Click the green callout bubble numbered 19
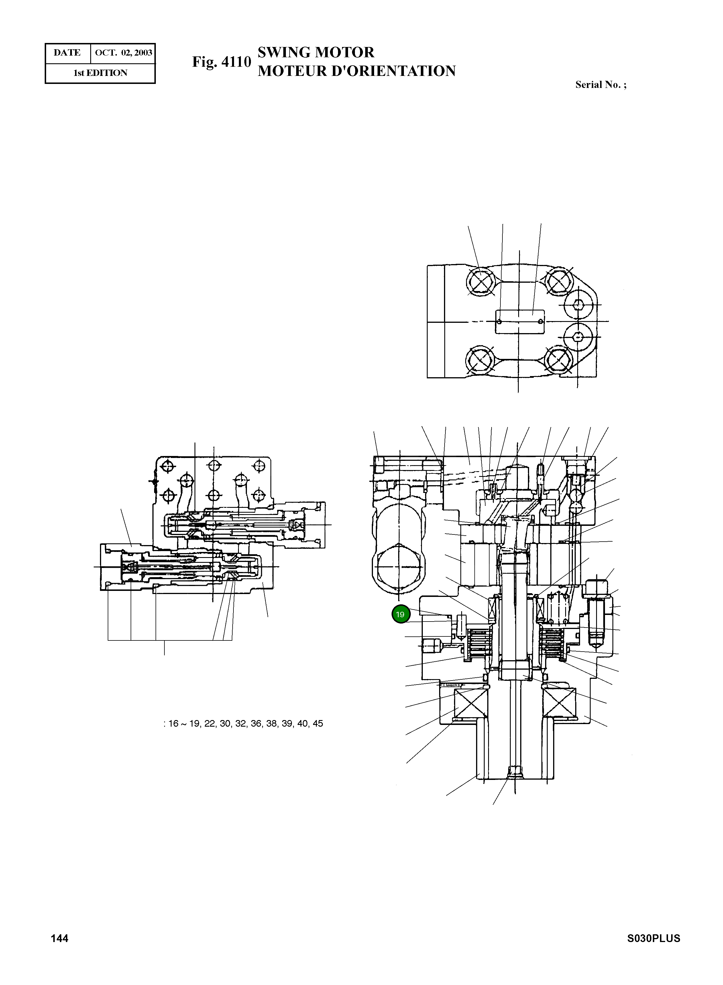click(x=400, y=614)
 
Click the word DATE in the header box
click(x=67, y=53)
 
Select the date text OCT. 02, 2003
click(x=123, y=53)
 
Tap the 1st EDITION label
click(x=100, y=73)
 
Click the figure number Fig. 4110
click(x=221, y=62)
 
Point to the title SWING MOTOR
click(x=316, y=52)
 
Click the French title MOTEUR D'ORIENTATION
click(x=356, y=71)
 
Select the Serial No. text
click(x=600, y=85)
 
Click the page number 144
click(x=60, y=938)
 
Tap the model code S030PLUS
click(x=653, y=938)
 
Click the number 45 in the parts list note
click(x=318, y=723)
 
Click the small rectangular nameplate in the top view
click(x=520, y=322)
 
